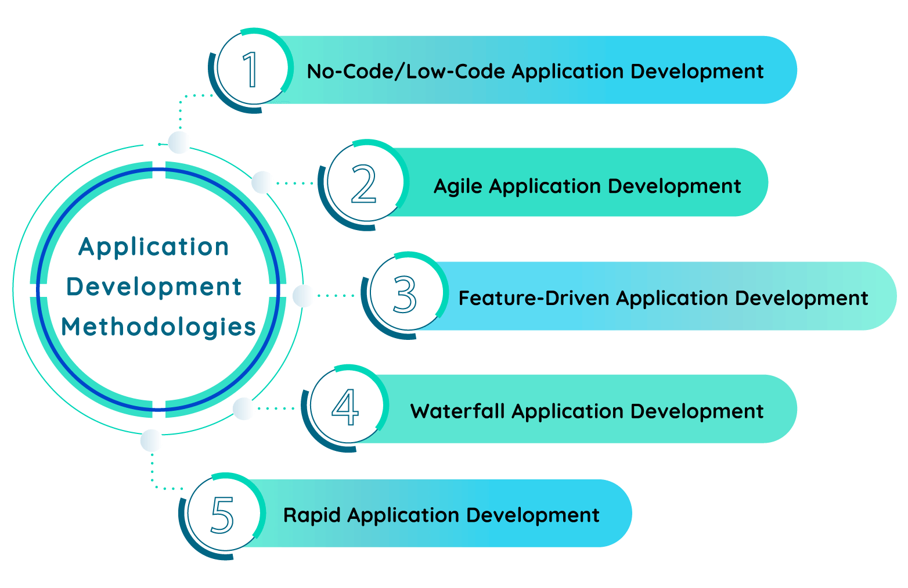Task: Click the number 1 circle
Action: (x=252, y=69)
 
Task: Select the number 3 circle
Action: (x=406, y=294)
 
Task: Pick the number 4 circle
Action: (x=346, y=407)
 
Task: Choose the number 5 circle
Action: (x=223, y=514)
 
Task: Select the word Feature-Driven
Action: (x=534, y=298)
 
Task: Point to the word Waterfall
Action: (x=457, y=411)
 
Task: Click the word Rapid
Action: (x=312, y=515)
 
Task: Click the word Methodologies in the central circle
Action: (x=158, y=327)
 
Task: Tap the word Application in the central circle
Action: (x=154, y=247)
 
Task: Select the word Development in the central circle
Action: (x=154, y=287)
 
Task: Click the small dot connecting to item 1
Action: (x=179, y=142)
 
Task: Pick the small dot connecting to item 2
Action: (x=262, y=182)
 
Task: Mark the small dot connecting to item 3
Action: (x=303, y=296)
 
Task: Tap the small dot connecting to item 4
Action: (x=244, y=408)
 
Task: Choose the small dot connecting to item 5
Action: (x=152, y=440)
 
